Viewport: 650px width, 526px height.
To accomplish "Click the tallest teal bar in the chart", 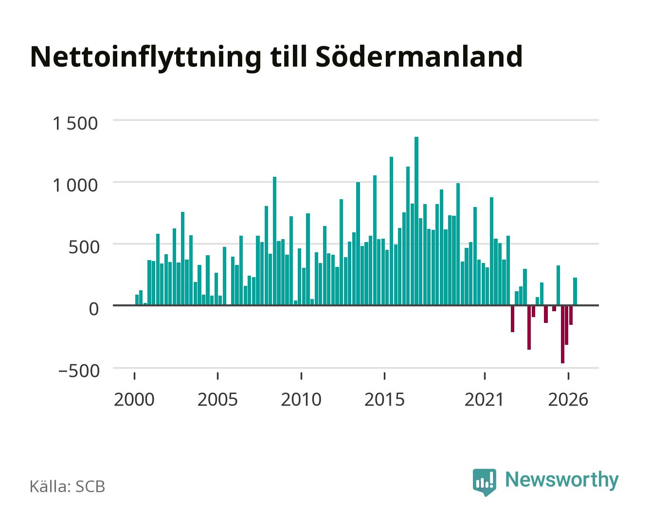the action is (x=416, y=221).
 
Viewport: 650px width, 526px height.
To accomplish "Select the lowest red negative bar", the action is (x=562, y=334).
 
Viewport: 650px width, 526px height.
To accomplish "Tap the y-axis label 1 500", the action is (x=75, y=124).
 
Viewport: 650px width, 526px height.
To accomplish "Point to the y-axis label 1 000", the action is (x=75, y=186).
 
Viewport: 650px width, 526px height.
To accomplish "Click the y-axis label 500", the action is (x=84, y=247).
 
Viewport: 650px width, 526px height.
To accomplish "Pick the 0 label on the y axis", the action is (x=94, y=309).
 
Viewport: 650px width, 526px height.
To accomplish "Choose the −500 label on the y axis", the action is (x=79, y=371).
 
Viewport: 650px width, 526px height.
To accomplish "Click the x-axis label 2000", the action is (x=134, y=399).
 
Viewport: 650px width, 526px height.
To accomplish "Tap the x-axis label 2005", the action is (x=217, y=399).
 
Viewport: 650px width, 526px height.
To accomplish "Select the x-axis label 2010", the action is (x=301, y=399).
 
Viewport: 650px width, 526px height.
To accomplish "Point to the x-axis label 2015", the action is (x=384, y=399).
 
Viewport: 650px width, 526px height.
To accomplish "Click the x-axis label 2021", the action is (x=484, y=399).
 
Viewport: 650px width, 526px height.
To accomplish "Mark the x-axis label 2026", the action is (x=568, y=399).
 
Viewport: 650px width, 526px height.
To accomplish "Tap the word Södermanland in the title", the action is (x=419, y=56).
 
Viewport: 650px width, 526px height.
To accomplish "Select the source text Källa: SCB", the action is (x=68, y=486).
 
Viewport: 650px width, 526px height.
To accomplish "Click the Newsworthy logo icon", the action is (x=484, y=482).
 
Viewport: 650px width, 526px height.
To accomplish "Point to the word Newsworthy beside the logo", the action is (x=562, y=480).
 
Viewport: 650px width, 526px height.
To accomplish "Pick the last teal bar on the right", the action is (x=575, y=291).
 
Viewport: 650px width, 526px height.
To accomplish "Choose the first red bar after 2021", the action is (x=512, y=319).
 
